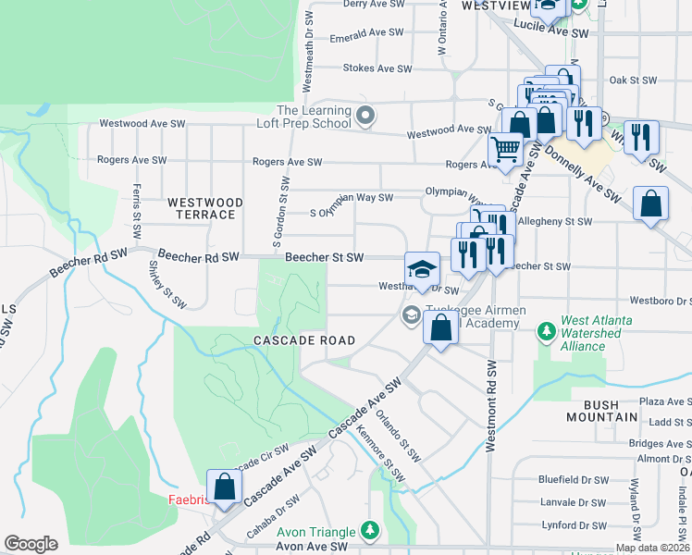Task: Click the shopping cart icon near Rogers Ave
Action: tap(504, 149)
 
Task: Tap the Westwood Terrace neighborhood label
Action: tap(205, 208)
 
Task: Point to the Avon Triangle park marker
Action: tap(370, 530)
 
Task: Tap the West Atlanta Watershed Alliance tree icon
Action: tap(547, 329)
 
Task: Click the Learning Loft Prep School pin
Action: tap(366, 117)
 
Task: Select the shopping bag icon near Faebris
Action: tap(224, 486)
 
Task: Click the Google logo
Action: tap(31, 544)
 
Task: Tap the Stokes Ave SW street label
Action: tap(377, 68)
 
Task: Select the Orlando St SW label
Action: tap(398, 437)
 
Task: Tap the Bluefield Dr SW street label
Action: tap(574, 480)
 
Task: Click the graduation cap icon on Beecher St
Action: tap(422, 269)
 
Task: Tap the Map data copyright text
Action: tap(651, 548)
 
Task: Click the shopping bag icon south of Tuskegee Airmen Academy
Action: tap(441, 327)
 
